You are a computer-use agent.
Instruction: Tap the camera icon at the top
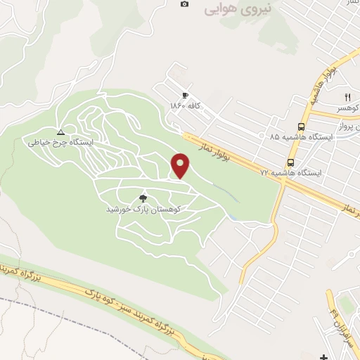coord(185,4)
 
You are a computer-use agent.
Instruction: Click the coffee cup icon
coord(185,96)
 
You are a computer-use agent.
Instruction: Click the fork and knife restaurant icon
coord(347,97)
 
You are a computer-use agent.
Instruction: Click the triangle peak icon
coord(60,131)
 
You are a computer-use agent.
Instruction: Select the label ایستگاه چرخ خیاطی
coord(60,142)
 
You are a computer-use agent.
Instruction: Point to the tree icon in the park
coord(144,199)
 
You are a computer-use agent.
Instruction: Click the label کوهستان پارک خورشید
coord(144,210)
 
